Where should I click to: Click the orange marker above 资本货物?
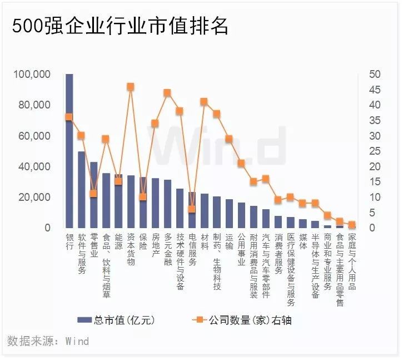[130, 86]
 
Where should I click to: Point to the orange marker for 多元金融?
[167, 92]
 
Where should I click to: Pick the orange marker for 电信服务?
[192, 209]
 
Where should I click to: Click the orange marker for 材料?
[204, 101]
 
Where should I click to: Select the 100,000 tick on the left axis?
[32, 75]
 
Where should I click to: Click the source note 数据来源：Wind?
[48, 340]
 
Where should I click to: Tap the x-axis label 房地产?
[155, 248]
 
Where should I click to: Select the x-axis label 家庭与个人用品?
[351, 262]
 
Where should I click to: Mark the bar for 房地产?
[155, 204]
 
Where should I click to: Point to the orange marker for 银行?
[69, 117]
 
